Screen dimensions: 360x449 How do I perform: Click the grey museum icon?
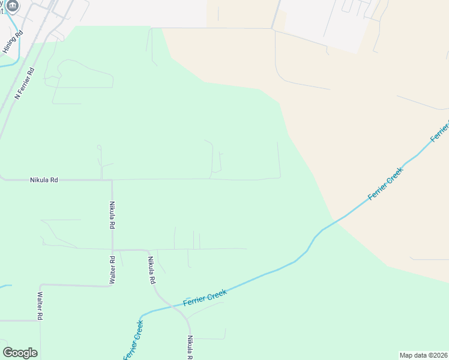[x=13, y=6]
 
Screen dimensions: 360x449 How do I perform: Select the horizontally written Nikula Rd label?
[x=44, y=179]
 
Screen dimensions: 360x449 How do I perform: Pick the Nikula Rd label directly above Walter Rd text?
[x=112, y=215]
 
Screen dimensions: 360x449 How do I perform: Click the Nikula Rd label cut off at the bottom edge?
[x=189, y=347]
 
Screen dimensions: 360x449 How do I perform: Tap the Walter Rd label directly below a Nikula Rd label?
[x=112, y=270]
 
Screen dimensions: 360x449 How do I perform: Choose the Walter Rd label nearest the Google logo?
[x=40, y=306]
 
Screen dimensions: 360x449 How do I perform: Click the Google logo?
[x=20, y=353]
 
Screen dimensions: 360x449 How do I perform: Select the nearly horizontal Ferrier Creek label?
[x=205, y=298]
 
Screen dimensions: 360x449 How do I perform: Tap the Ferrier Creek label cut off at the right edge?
[x=440, y=132]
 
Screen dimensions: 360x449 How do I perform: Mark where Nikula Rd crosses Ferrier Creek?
[x=178, y=305]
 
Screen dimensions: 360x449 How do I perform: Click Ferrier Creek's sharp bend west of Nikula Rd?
[x=142, y=316]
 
